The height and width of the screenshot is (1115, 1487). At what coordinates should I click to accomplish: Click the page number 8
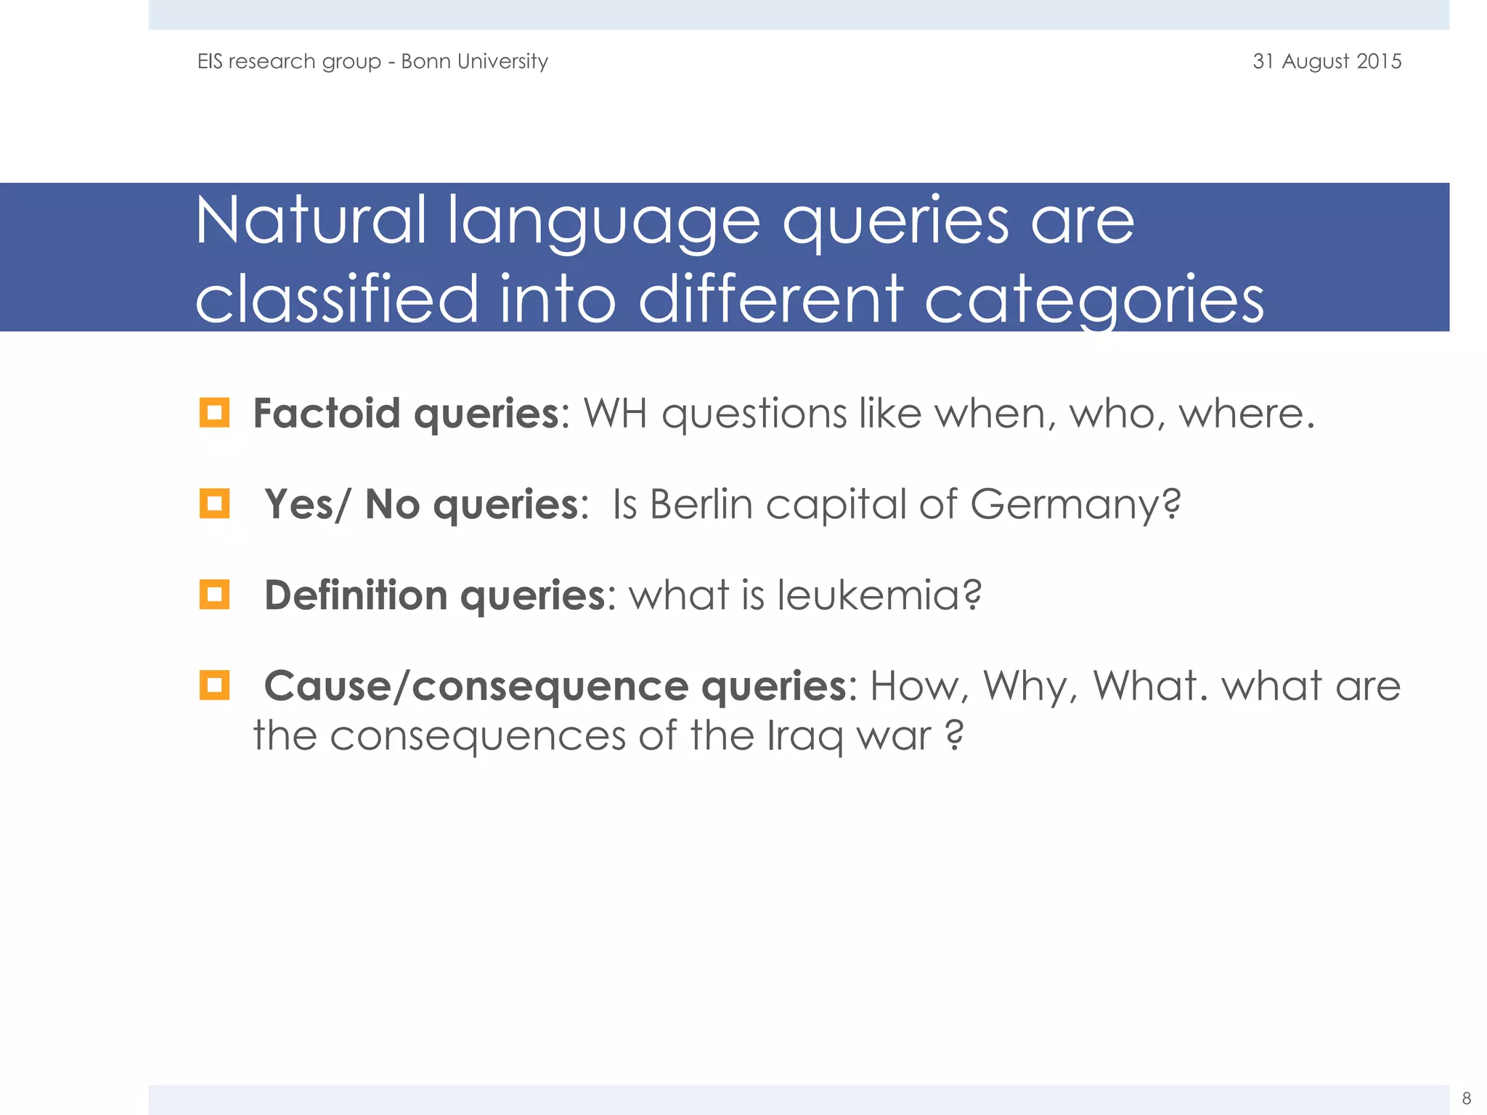1466,1098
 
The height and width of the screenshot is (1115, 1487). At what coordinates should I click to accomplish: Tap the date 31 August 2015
1327,61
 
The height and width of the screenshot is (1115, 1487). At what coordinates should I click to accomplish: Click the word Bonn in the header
425,61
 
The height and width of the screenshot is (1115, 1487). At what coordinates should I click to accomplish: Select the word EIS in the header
210,61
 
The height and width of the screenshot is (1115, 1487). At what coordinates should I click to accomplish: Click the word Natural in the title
311,221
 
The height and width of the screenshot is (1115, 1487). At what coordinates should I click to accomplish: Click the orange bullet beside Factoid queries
214,412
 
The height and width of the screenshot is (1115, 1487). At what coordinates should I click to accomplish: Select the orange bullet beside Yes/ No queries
214,503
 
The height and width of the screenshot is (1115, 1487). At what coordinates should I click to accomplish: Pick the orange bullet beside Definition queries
214,595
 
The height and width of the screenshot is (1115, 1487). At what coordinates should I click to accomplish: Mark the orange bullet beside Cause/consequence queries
214,685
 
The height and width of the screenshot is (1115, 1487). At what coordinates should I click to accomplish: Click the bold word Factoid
326,413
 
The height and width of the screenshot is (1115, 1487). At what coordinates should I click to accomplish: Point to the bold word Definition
356,595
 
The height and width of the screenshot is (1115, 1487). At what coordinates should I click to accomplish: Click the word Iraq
805,736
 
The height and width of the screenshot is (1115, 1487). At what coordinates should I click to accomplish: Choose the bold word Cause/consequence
476,686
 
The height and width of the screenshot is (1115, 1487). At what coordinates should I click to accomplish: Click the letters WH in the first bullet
615,414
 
